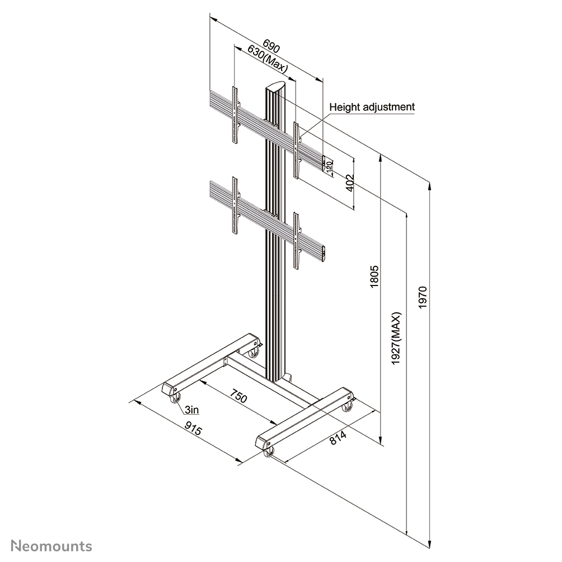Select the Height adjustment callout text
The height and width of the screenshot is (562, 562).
(372, 106)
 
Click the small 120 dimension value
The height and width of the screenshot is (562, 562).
(329, 165)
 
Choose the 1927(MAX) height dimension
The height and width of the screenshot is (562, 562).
(396, 339)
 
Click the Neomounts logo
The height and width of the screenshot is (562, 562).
(51, 545)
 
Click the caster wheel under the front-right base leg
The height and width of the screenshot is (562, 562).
(270, 452)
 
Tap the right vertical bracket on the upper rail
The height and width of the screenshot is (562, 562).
(297, 149)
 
